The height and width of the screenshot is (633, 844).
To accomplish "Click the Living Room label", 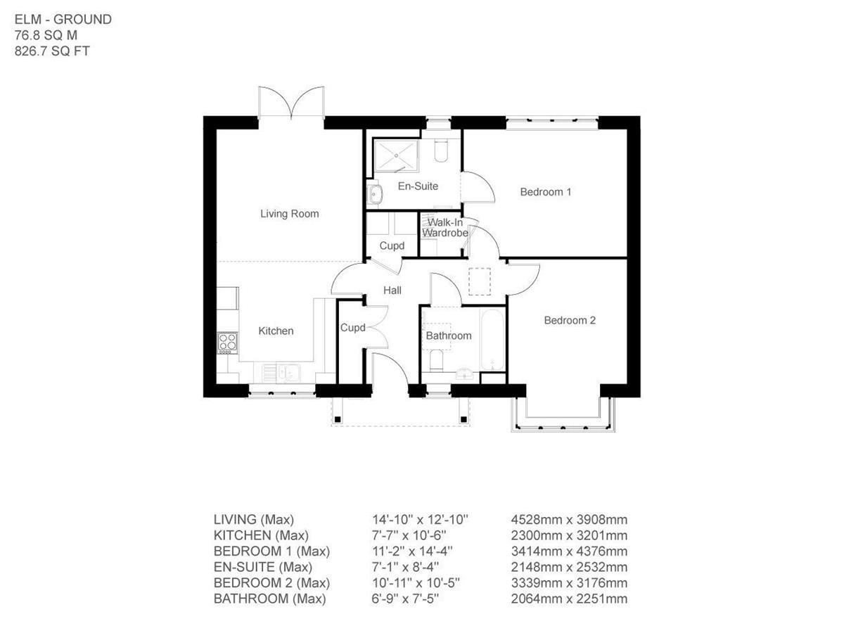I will coord(289,214).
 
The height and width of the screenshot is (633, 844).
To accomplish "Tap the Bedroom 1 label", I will coord(545,191).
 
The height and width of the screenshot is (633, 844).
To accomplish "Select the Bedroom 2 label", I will coord(570,320).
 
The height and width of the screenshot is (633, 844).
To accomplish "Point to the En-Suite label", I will coord(418,186).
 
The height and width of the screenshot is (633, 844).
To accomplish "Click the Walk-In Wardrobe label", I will coord(445,228).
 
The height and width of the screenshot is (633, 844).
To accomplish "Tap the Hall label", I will coord(392,290).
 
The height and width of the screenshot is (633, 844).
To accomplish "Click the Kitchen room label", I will coord(276,331).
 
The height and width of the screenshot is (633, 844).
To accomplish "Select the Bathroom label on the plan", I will coord(448,335).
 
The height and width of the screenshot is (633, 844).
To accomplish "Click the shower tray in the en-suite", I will coord(396,155).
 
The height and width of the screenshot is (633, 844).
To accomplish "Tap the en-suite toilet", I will coord(442,151).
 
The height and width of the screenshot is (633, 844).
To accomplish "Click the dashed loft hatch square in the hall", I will coord(480,281).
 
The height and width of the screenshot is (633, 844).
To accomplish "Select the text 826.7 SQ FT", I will coord(52,51).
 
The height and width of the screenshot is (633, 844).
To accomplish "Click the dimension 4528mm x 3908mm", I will coord(568,520).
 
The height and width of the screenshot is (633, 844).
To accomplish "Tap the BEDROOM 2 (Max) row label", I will coord(271,583).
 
